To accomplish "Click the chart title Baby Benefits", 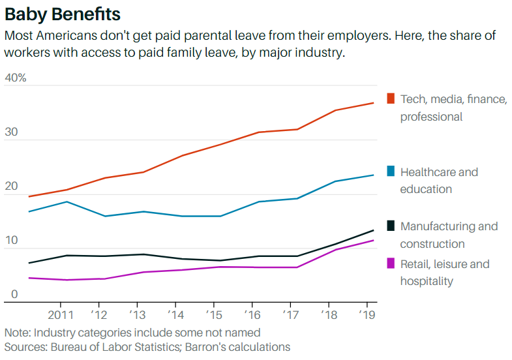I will tap(63, 14).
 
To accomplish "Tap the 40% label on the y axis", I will tap(15, 78).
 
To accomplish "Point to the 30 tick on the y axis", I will tap(11, 132).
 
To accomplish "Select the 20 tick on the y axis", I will tap(11, 187).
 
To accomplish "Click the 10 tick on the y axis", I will tap(11, 241).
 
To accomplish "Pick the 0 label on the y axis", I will tap(13, 295).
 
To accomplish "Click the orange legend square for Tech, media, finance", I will tap(391, 98).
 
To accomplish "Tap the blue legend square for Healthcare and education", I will tap(391, 172).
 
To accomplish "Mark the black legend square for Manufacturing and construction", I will tap(391, 226).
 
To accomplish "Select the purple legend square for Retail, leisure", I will tap(391, 263).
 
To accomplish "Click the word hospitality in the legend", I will tap(427, 281).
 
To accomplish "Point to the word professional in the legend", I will tap(431, 117).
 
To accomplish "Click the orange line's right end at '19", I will tap(374, 103).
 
